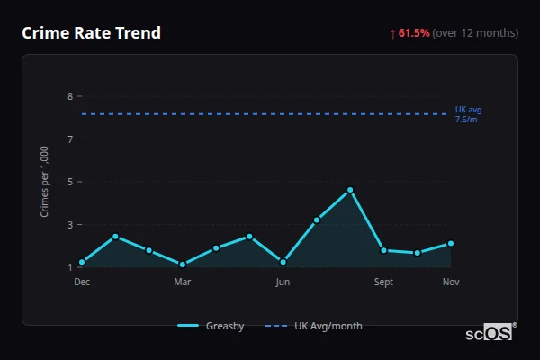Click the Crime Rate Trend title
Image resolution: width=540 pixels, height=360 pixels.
click(x=92, y=33)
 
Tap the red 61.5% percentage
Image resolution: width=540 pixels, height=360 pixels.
click(x=414, y=33)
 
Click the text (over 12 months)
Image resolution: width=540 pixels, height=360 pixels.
click(x=475, y=33)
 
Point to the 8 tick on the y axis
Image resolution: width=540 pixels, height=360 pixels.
click(x=70, y=96)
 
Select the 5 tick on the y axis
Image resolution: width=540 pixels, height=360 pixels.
click(x=70, y=182)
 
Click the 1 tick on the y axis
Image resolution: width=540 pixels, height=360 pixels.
click(x=70, y=267)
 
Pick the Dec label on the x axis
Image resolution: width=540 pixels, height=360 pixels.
click(x=82, y=282)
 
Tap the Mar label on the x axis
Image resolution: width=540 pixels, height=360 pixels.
click(x=183, y=282)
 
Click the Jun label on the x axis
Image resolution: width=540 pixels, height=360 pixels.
click(x=283, y=282)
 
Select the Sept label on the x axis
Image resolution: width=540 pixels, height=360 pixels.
click(x=384, y=282)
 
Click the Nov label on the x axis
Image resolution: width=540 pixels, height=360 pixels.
click(x=451, y=282)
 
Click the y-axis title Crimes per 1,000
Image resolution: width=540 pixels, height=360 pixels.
click(x=44, y=182)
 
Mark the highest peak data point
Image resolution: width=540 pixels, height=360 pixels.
click(x=350, y=190)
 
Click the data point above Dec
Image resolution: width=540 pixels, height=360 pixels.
click(x=82, y=262)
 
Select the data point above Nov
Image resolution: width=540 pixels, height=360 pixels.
click(x=451, y=243)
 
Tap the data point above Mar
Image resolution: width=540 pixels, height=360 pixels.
click(x=183, y=265)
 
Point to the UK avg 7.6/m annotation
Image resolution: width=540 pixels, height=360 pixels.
click(x=468, y=113)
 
